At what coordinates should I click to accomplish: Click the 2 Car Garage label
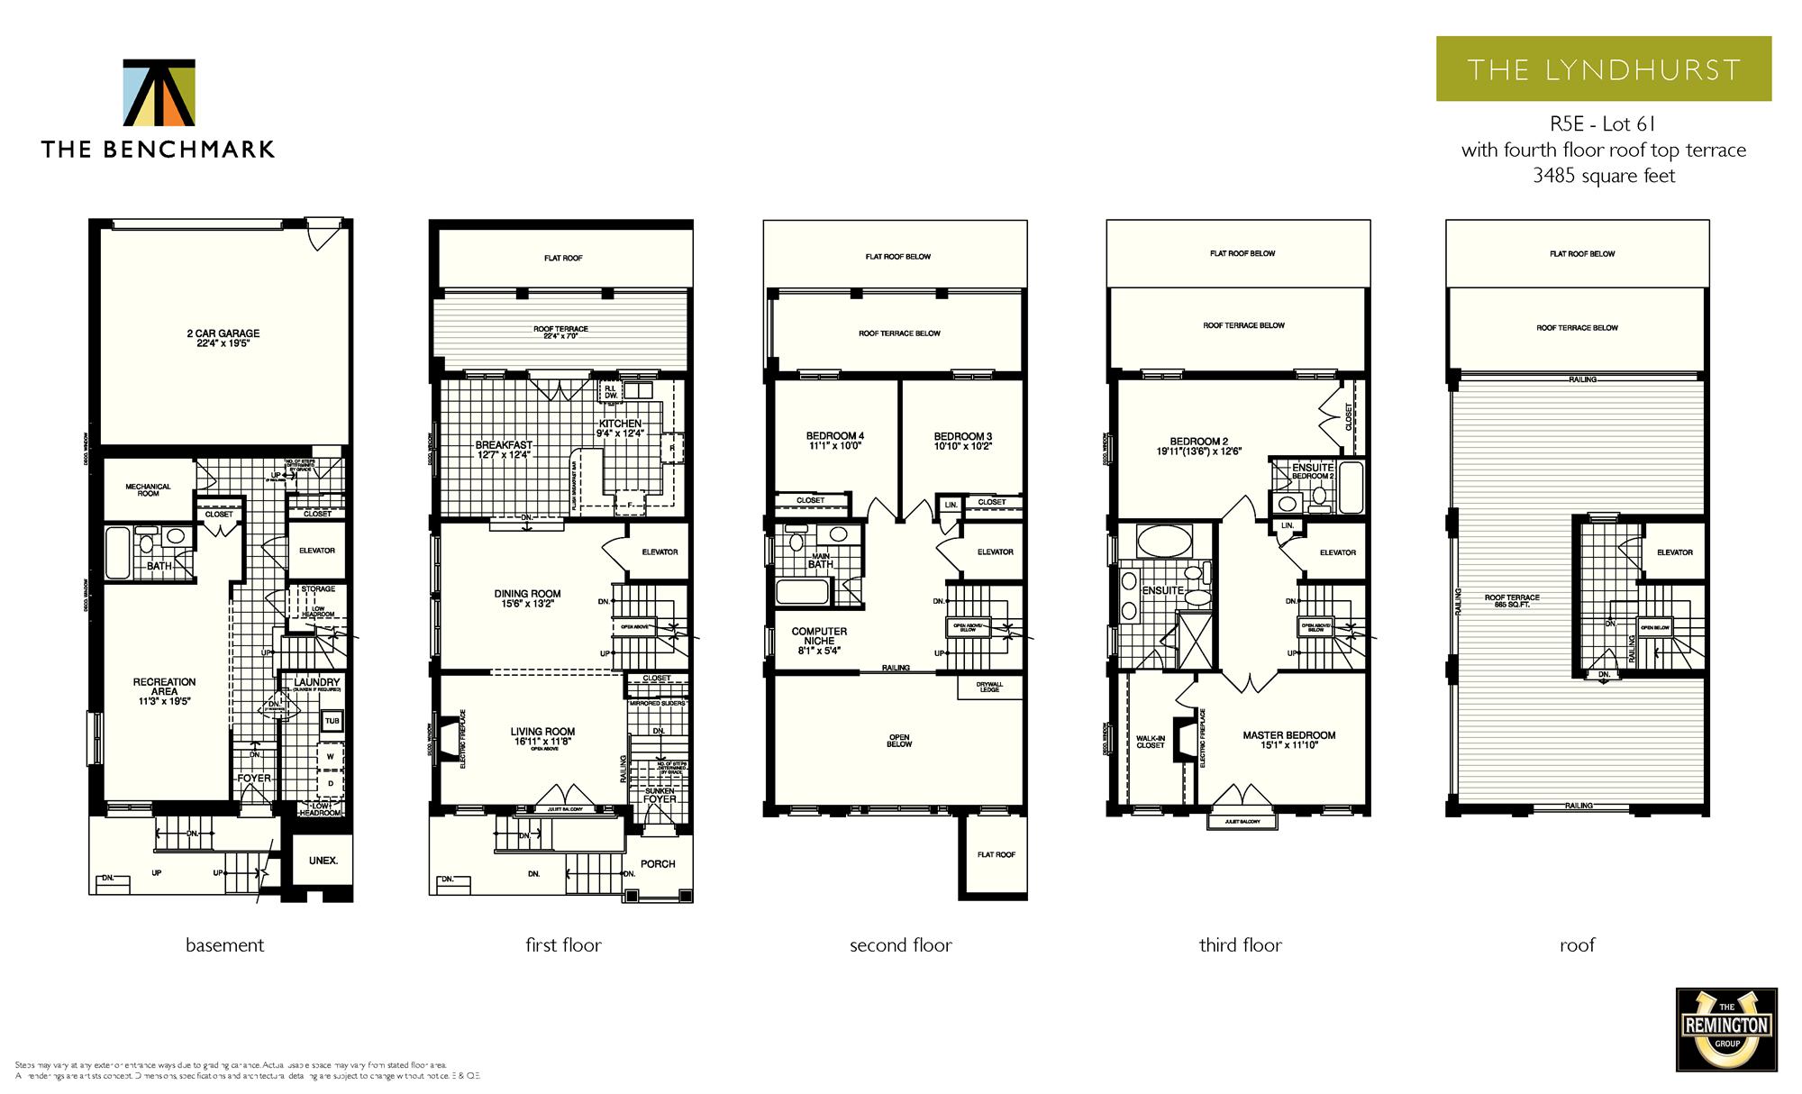tap(223, 338)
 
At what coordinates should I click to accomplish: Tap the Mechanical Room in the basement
tap(149, 490)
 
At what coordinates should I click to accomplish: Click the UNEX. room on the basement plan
tap(323, 861)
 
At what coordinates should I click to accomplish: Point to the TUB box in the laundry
tap(332, 721)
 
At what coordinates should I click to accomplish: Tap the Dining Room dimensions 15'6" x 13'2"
tap(527, 605)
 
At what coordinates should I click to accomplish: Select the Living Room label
tap(542, 732)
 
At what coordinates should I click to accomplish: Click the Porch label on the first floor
tap(658, 864)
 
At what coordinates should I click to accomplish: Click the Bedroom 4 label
tap(834, 436)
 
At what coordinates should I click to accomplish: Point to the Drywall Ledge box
tap(989, 687)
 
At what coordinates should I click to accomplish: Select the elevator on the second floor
tap(995, 552)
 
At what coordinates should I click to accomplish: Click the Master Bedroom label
tap(1288, 735)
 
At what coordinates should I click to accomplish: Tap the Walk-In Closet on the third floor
tap(1151, 741)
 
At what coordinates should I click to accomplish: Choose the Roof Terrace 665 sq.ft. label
tap(1512, 601)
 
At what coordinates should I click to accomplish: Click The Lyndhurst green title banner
tap(1603, 69)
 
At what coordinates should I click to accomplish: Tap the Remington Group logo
tap(1725, 1030)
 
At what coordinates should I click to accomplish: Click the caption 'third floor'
tap(1240, 945)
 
